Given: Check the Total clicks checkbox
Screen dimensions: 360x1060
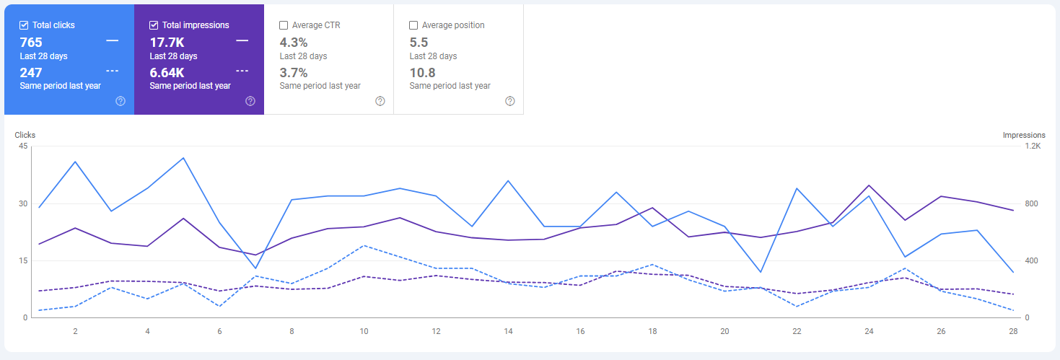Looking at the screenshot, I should (24, 25).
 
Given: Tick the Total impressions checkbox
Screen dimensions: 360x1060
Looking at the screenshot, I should (154, 25).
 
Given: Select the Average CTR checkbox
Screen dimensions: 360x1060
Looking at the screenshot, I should (284, 25).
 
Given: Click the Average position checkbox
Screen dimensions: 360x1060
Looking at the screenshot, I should (413, 25).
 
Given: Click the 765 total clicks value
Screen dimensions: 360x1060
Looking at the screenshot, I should (31, 43).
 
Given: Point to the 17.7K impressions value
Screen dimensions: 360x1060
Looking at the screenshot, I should (167, 43).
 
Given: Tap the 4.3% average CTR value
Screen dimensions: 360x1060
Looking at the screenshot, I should (293, 43).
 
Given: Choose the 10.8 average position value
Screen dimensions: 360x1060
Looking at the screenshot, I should (422, 73).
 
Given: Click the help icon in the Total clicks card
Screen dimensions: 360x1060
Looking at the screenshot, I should (121, 101).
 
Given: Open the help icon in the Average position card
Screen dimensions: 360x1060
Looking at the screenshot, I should (510, 101).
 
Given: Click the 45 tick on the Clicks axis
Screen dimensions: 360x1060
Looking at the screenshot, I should (23, 146).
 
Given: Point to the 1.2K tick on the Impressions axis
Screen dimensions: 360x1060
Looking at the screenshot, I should (1033, 146).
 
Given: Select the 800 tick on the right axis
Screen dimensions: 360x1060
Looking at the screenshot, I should (1032, 203).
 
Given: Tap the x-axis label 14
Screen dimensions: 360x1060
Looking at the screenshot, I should (508, 331).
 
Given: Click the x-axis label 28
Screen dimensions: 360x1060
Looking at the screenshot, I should (1013, 331).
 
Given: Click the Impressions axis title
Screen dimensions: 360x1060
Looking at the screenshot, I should (1023, 135).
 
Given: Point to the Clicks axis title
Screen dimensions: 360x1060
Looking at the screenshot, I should (25, 135).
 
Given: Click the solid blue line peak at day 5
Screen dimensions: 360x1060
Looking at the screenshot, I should (183, 157).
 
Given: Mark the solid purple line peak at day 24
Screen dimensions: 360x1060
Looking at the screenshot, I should (869, 185).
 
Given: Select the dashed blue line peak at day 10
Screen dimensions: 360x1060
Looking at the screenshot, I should (364, 245).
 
